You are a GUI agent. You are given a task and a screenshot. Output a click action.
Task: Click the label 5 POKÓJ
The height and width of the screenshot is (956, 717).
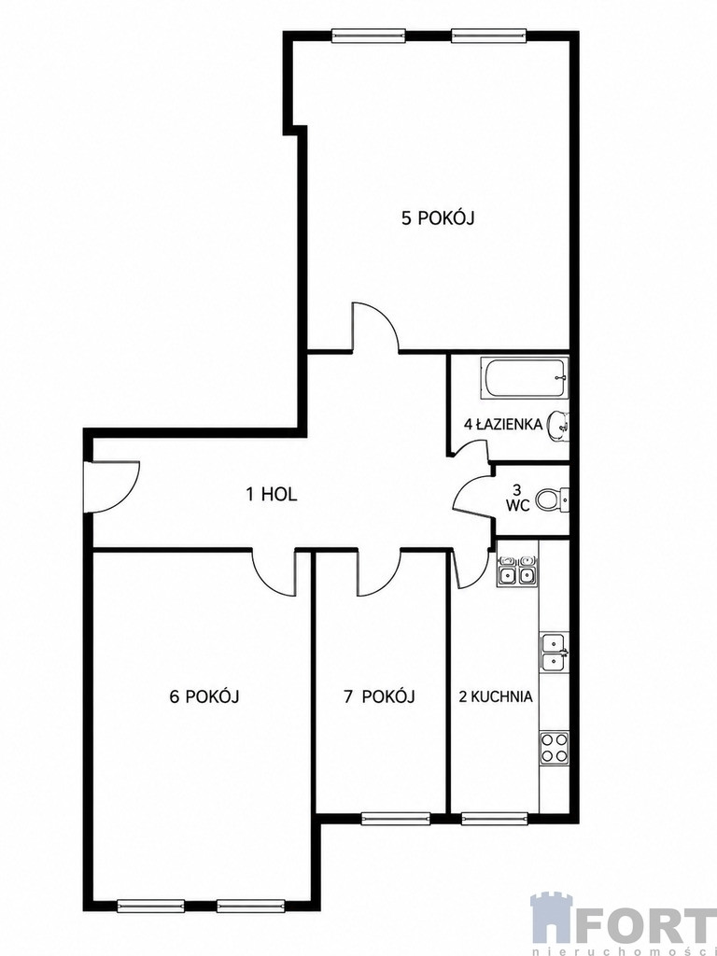(x=438, y=218)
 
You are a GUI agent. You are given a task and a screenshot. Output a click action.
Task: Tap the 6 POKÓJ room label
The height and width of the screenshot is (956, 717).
(x=204, y=696)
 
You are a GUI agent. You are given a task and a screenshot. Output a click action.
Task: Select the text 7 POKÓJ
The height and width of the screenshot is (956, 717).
(x=379, y=696)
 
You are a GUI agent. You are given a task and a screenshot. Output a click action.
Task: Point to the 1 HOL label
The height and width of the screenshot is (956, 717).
(x=272, y=494)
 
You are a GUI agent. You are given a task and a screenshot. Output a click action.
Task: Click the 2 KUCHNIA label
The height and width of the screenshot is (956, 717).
(x=496, y=696)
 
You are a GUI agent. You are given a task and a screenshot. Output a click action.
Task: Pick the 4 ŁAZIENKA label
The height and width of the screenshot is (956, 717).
(x=503, y=425)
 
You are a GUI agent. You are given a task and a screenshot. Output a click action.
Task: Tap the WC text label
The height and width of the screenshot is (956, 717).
(x=517, y=505)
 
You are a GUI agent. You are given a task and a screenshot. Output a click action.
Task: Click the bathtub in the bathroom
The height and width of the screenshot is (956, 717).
(x=525, y=378)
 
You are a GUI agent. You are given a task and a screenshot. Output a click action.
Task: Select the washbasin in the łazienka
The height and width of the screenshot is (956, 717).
(x=559, y=425)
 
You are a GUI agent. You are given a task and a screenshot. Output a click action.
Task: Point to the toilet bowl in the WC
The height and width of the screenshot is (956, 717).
(x=553, y=500)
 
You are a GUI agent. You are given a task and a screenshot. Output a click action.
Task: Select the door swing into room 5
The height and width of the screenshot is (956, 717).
(x=375, y=328)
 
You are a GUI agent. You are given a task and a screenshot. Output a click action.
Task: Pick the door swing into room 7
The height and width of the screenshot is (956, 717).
(x=379, y=573)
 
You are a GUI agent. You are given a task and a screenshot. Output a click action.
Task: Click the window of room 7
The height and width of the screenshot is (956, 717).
(x=396, y=819)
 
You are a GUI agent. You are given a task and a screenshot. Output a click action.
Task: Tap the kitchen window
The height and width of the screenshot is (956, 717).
(x=495, y=819)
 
